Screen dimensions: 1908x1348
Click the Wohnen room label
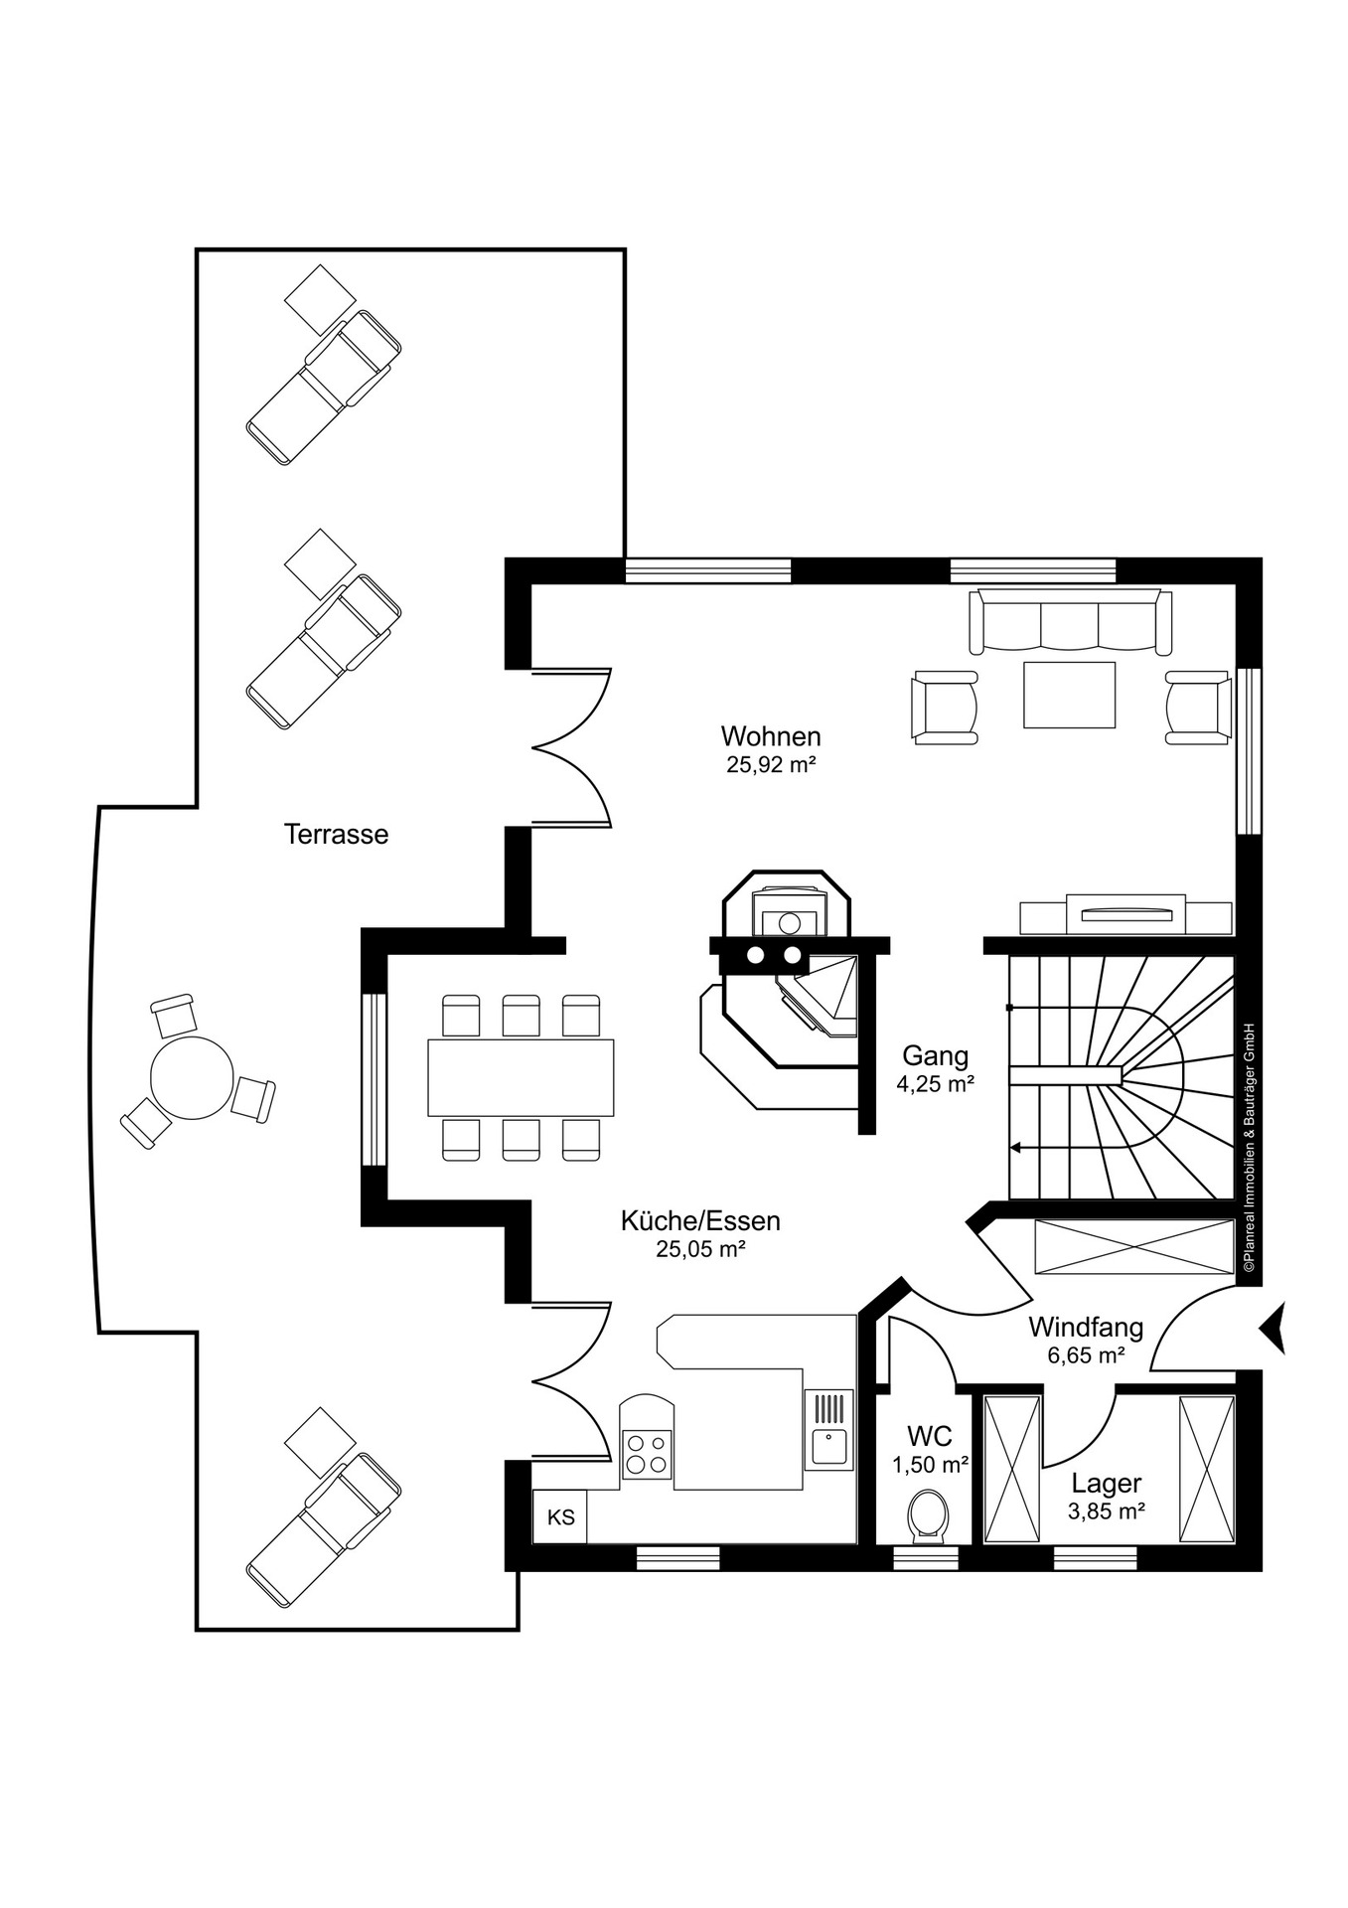coord(771,736)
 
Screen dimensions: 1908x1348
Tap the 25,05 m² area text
coord(700,1249)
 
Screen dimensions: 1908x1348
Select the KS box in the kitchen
coord(560,1517)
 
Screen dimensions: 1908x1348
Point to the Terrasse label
coord(336,834)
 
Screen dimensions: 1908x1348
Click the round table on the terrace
coord(192,1077)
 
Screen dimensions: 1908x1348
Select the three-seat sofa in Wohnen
coord(1070,622)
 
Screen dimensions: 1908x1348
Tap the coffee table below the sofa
coord(1070,695)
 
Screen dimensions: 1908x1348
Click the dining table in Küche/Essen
coord(521,1077)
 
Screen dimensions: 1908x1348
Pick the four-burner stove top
coord(646,1453)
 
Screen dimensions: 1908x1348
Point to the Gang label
coord(935,1055)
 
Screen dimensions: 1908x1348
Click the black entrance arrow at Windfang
coord(1273,1327)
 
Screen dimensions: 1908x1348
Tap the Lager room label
coord(1106,1484)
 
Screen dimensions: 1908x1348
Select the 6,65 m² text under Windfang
coord(1086,1354)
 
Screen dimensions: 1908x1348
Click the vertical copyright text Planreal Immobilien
coord(1250,1148)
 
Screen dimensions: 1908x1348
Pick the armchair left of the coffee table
coord(945,708)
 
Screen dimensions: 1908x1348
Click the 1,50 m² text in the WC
coord(930,1464)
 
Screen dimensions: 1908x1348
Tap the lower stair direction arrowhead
coord(1015,1148)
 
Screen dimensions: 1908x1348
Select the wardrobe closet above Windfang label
coord(1133,1247)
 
